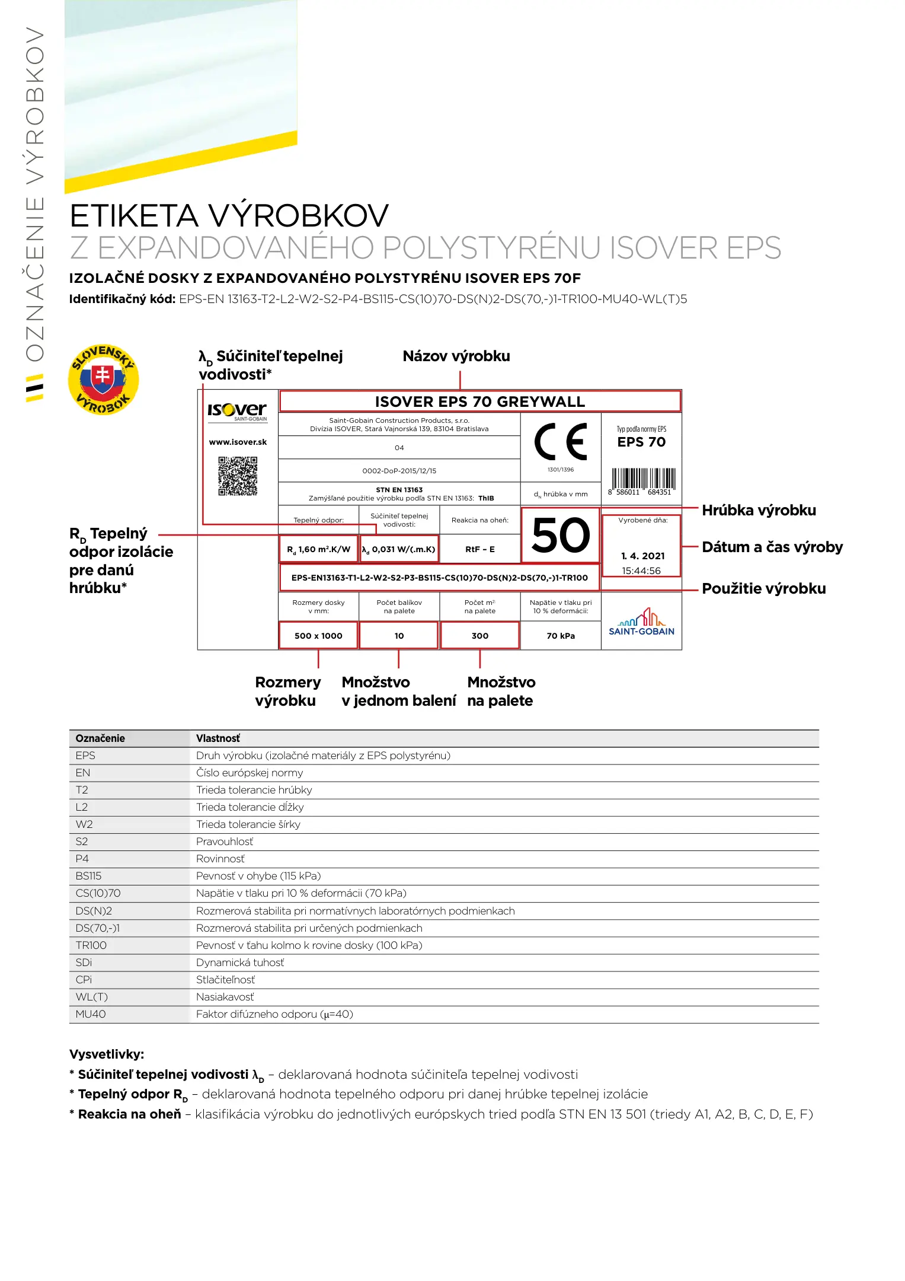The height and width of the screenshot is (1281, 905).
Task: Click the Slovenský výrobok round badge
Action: tap(104, 380)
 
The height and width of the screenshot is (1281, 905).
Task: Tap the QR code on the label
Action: tap(238, 476)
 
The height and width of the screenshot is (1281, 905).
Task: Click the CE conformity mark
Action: tap(561, 442)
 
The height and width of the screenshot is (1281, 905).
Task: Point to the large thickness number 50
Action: tap(561, 535)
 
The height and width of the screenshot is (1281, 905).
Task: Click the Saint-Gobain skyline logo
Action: tap(641, 622)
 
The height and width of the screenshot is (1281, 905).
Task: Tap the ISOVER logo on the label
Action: tap(237, 410)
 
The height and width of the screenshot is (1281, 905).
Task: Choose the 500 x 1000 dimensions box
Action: tap(318, 636)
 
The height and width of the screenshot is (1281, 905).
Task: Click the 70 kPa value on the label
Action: tap(561, 636)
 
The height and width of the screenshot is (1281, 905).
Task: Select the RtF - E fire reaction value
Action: tap(480, 549)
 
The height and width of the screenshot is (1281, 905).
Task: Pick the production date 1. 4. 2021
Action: tap(643, 556)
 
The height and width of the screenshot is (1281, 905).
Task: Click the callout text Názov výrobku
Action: tap(456, 356)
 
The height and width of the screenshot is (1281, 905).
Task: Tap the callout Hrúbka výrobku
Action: tap(759, 510)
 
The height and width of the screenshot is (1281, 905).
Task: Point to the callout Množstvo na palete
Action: tap(501, 692)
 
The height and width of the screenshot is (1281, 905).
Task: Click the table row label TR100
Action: tap(91, 945)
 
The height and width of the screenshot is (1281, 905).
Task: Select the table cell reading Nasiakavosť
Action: tap(225, 997)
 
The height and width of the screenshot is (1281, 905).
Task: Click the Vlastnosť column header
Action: tap(218, 738)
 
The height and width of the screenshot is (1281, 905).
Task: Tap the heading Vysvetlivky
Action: tap(107, 1054)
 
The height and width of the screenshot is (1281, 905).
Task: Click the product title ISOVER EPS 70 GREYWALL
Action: tap(480, 401)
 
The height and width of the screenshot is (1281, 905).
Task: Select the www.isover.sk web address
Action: tap(238, 442)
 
